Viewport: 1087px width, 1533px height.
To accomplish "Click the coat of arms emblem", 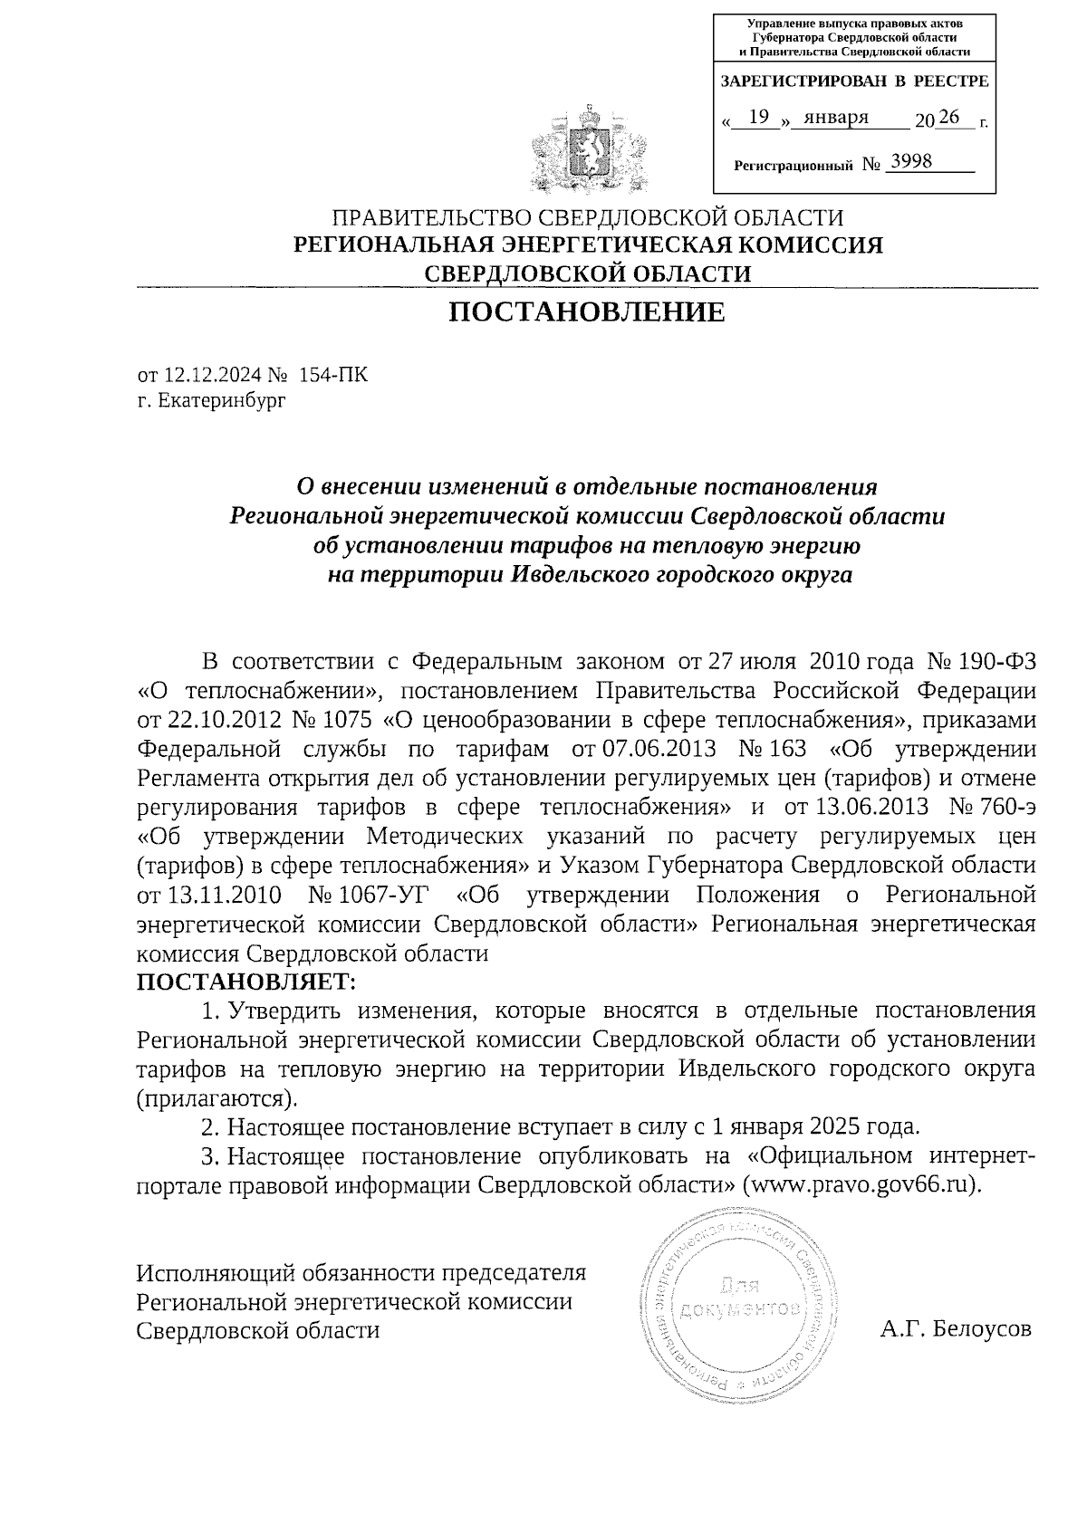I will pos(590,150).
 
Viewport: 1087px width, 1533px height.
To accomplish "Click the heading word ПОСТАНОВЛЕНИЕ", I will pos(588,312).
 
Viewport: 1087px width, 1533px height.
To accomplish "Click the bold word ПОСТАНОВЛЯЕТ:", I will pos(246,982).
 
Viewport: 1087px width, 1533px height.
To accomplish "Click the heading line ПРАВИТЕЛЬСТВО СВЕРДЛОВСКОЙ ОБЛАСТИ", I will pos(588,218).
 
